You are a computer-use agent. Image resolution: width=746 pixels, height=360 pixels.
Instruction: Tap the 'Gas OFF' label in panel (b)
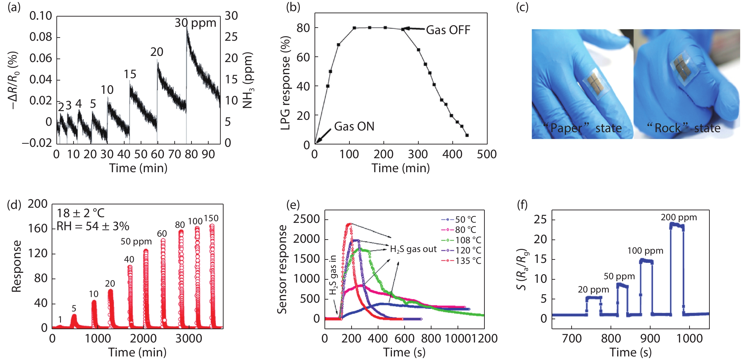(448, 30)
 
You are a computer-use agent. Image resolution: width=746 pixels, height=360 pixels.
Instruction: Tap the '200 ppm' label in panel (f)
(679, 217)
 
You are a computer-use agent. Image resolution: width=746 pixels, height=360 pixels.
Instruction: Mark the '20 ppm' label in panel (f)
(593, 289)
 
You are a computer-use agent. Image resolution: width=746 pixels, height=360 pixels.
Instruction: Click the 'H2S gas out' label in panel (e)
(413, 249)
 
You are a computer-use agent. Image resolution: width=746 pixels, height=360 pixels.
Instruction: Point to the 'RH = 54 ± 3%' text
(93, 226)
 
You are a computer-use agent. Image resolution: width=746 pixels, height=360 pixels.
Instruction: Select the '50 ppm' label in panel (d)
(136, 241)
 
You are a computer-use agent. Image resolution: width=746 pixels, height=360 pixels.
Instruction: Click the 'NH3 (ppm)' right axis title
(248, 80)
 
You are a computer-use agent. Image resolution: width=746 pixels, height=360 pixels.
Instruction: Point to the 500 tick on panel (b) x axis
(487, 154)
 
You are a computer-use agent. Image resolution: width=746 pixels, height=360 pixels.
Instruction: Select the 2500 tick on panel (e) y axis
(306, 219)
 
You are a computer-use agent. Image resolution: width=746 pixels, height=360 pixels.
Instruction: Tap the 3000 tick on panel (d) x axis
(189, 338)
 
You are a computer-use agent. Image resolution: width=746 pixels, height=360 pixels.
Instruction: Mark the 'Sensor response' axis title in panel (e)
(282, 269)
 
